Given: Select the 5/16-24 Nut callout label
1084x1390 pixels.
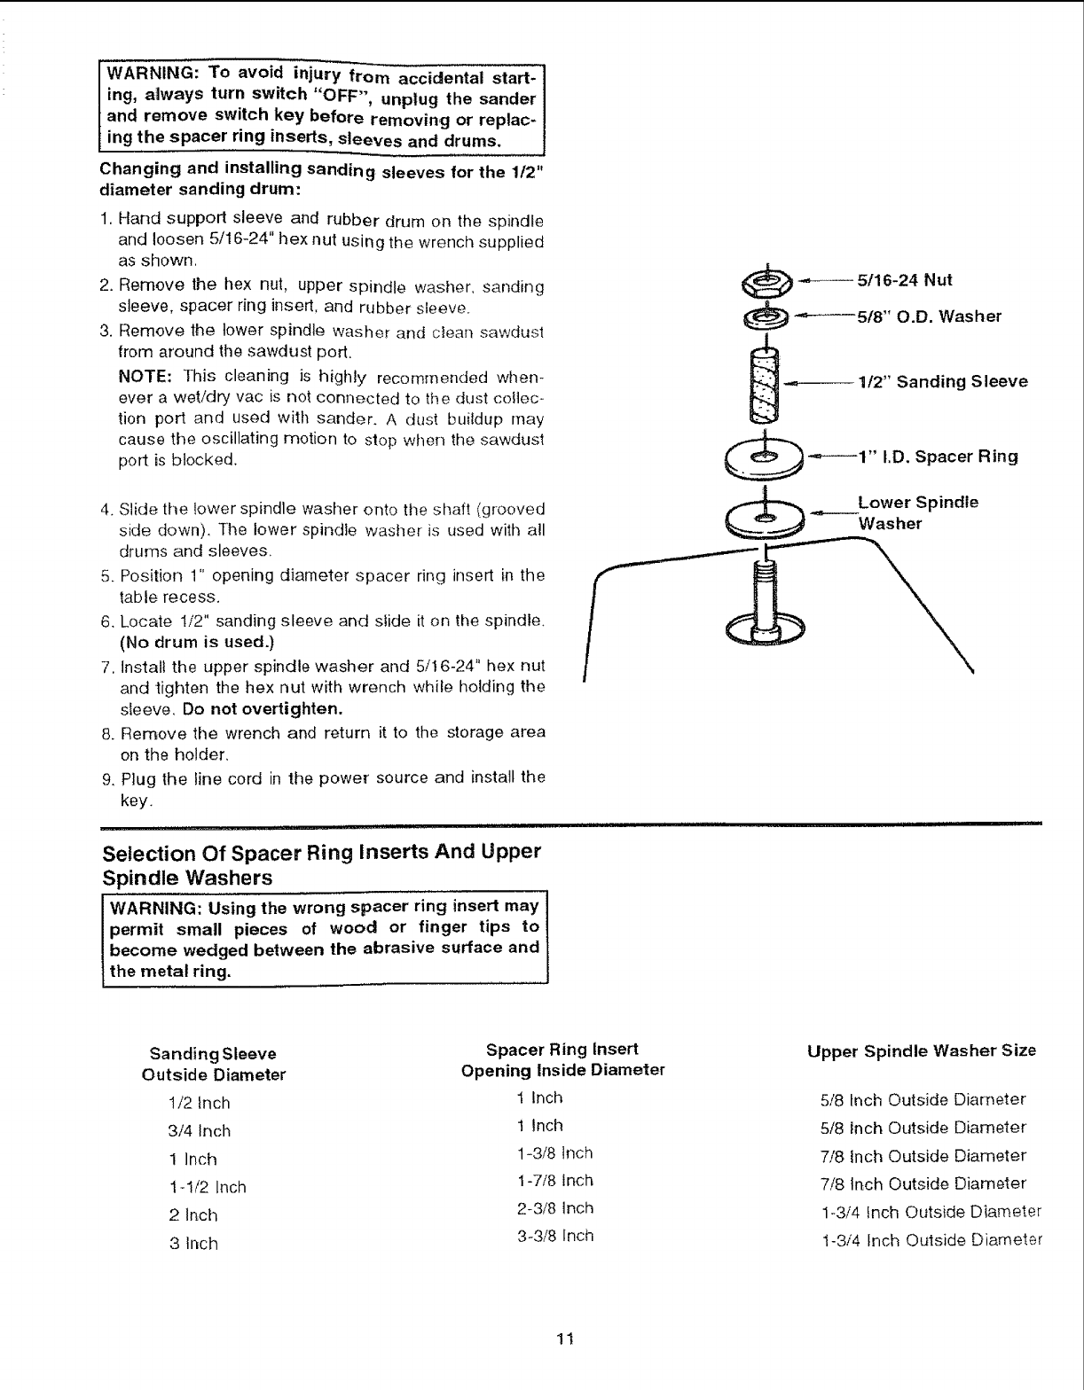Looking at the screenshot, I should [x=904, y=281].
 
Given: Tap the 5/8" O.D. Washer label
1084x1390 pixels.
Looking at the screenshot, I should [x=929, y=316].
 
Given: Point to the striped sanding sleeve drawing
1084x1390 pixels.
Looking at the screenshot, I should [x=765, y=385].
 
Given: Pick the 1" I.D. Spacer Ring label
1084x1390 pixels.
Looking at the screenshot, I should [x=938, y=457].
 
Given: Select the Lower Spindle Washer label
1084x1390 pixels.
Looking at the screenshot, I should [x=917, y=513].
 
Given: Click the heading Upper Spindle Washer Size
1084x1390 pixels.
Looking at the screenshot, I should [x=921, y=1051].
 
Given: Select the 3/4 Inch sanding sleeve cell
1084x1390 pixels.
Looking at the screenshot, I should [x=200, y=1131].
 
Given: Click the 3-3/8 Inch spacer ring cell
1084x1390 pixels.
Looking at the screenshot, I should [x=554, y=1236].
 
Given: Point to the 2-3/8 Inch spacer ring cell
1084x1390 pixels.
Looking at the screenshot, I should [x=554, y=1208].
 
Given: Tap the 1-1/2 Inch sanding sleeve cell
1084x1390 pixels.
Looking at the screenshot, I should [x=207, y=1187].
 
